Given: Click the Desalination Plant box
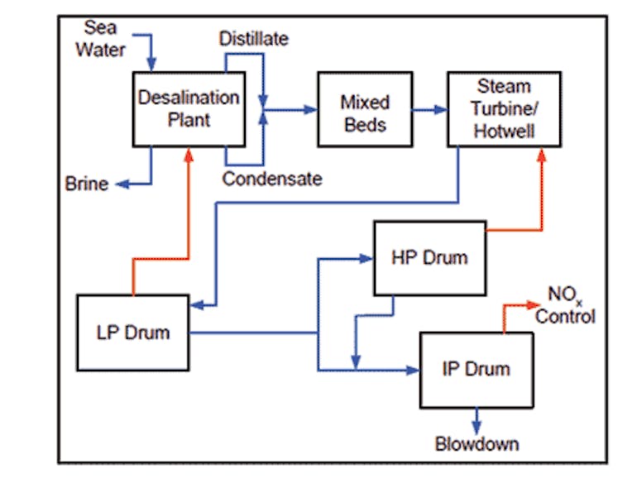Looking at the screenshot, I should pos(189,108).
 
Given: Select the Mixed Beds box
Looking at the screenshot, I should pos(364,112).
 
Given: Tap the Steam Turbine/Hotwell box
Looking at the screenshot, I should pos(503,109).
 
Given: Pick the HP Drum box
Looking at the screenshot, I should pos(429,257).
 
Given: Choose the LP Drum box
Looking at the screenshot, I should pos(132,333).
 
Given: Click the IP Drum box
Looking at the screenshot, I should pos(476,369).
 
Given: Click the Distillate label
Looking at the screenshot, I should pos(253,39).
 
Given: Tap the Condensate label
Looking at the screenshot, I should pos(271,178).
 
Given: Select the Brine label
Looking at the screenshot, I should pos(86,184).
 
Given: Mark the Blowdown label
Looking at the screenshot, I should pos(477,444).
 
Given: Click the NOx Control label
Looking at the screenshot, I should pos(565,306).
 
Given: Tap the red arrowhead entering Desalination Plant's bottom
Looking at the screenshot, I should pos(190,153).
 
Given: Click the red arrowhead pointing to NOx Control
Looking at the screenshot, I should pos(539,304).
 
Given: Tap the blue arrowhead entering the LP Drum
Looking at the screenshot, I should pos(196,304).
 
